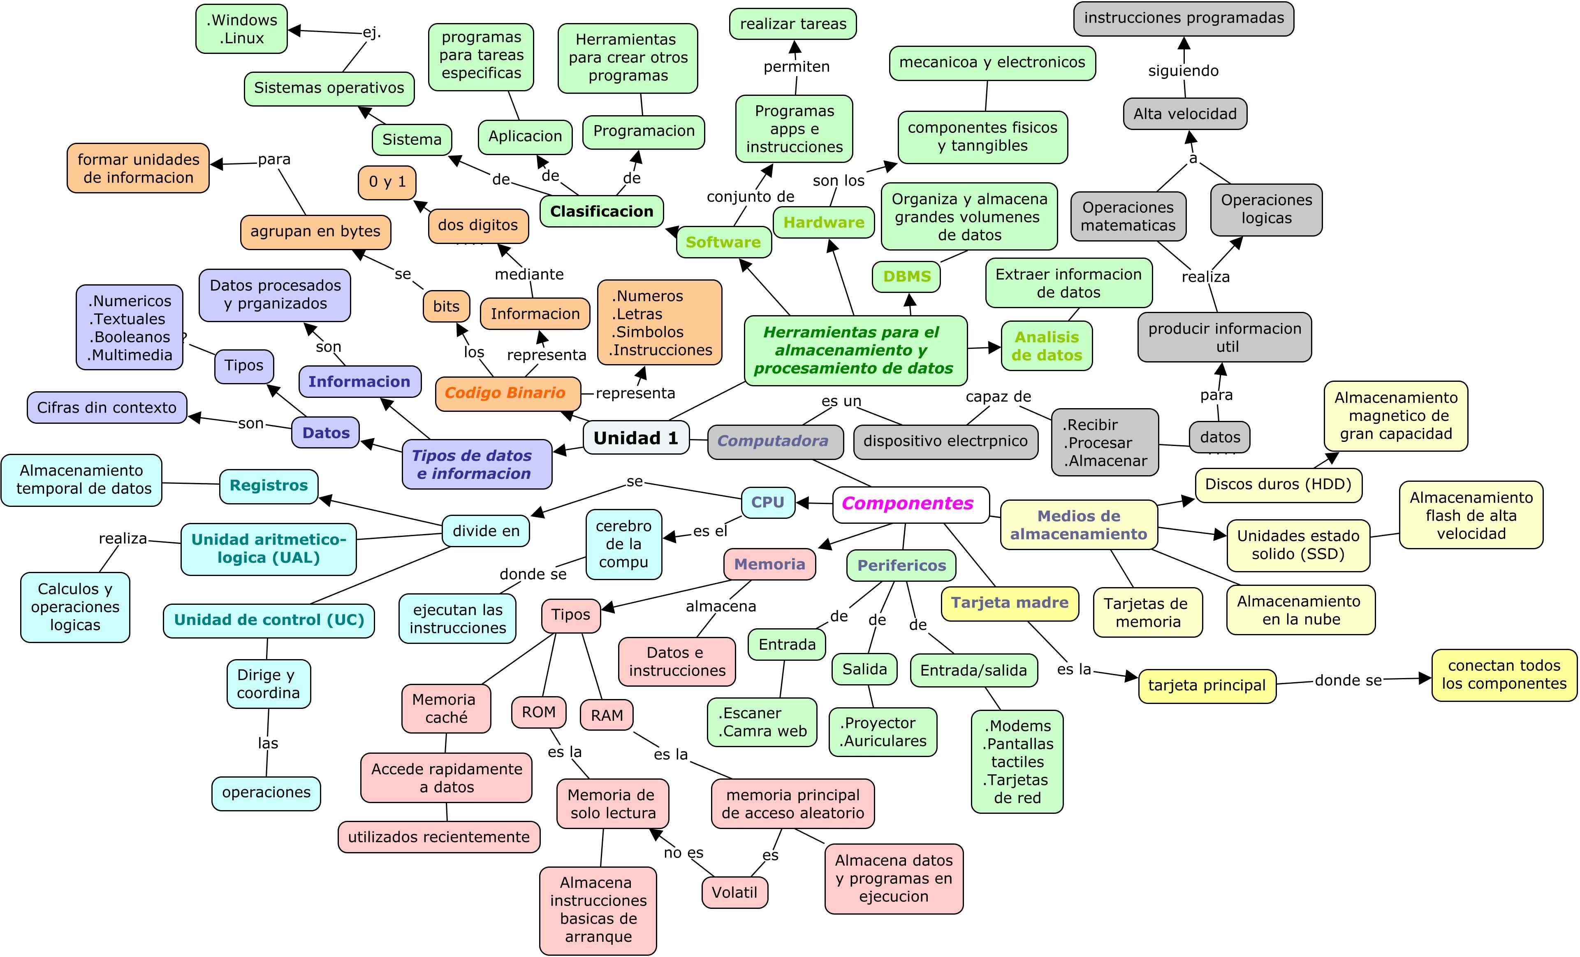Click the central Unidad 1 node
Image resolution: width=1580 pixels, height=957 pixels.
click(x=635, y=438)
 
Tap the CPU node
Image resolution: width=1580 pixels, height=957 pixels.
click(x=767, y=502)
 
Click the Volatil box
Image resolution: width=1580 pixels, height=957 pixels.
click(x=734, y=892)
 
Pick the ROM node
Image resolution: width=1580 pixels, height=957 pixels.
click(x=539, y=712)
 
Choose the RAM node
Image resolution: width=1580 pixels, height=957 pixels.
click(x=607, y=715)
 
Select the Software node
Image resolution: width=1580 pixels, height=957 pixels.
click(x=723, y=242)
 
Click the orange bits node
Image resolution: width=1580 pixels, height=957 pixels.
click(x=446, y=307)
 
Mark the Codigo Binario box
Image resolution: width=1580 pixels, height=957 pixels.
click(x=505, y=393)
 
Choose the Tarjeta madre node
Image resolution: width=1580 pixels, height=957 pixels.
click(x=1009, y=603)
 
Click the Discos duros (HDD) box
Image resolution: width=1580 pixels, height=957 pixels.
click(x=1278, y=484)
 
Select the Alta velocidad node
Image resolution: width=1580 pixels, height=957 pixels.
click(x=1184, y=114)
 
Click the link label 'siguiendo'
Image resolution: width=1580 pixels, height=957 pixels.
click(x=1183, y=70)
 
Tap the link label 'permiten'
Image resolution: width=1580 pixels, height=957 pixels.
click(x=797, y=67)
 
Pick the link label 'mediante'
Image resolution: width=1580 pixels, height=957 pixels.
click(x=529, y=274)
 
